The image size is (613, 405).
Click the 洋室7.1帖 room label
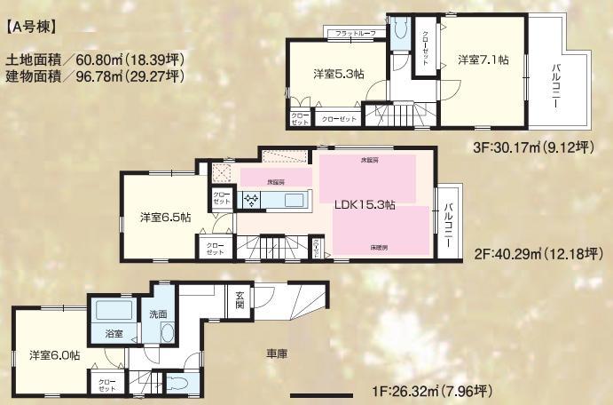pos(483,60)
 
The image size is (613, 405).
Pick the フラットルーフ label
pos(355,33)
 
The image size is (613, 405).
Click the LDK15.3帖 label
pos(365,204)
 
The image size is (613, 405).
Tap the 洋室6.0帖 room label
pos(52,353)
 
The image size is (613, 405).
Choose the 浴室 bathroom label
pos(114,334)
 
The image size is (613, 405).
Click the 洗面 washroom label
pos(159,314)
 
